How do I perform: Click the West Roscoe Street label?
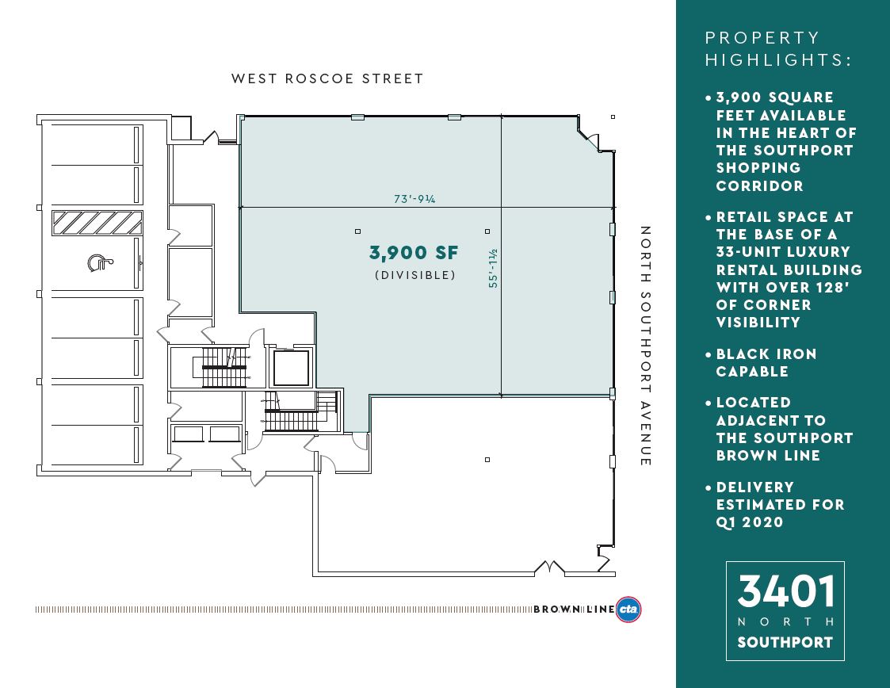[327, 78]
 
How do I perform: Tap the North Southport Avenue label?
[645, 346]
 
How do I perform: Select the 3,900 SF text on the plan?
[414, 253]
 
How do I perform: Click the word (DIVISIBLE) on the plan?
[415, 275]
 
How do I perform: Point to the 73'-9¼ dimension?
[415, 199]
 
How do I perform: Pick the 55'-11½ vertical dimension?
[493, 268]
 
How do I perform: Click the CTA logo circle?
[629, 610]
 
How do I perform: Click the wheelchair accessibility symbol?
[100, 262]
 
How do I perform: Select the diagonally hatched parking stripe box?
[97, 223]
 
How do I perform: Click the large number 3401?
[786, 591]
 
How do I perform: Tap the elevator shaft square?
[291, 368]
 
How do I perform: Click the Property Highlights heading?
[778, 49]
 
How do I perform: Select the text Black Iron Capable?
[766, 363]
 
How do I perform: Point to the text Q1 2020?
[750, 522]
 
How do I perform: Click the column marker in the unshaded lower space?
[487, 460]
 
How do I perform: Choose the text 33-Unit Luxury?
[783, 251]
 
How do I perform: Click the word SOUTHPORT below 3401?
[785, 643]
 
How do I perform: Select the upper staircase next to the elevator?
[226, 367]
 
